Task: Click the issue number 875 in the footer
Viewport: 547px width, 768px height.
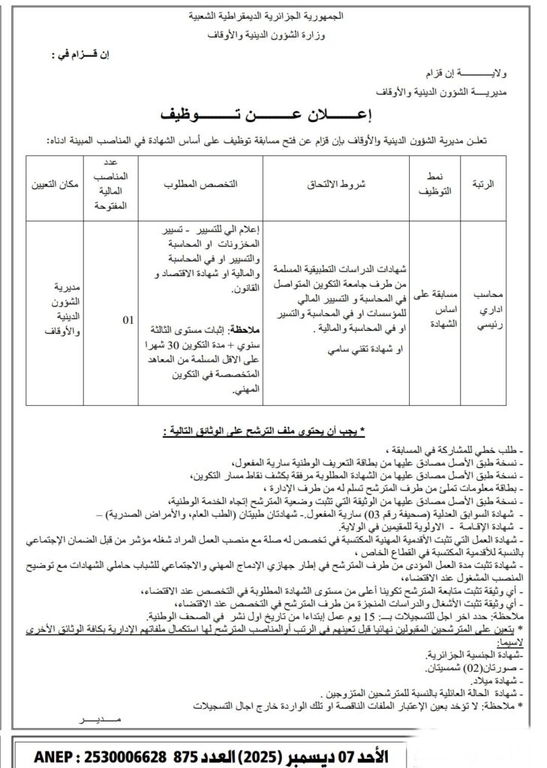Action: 186,754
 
